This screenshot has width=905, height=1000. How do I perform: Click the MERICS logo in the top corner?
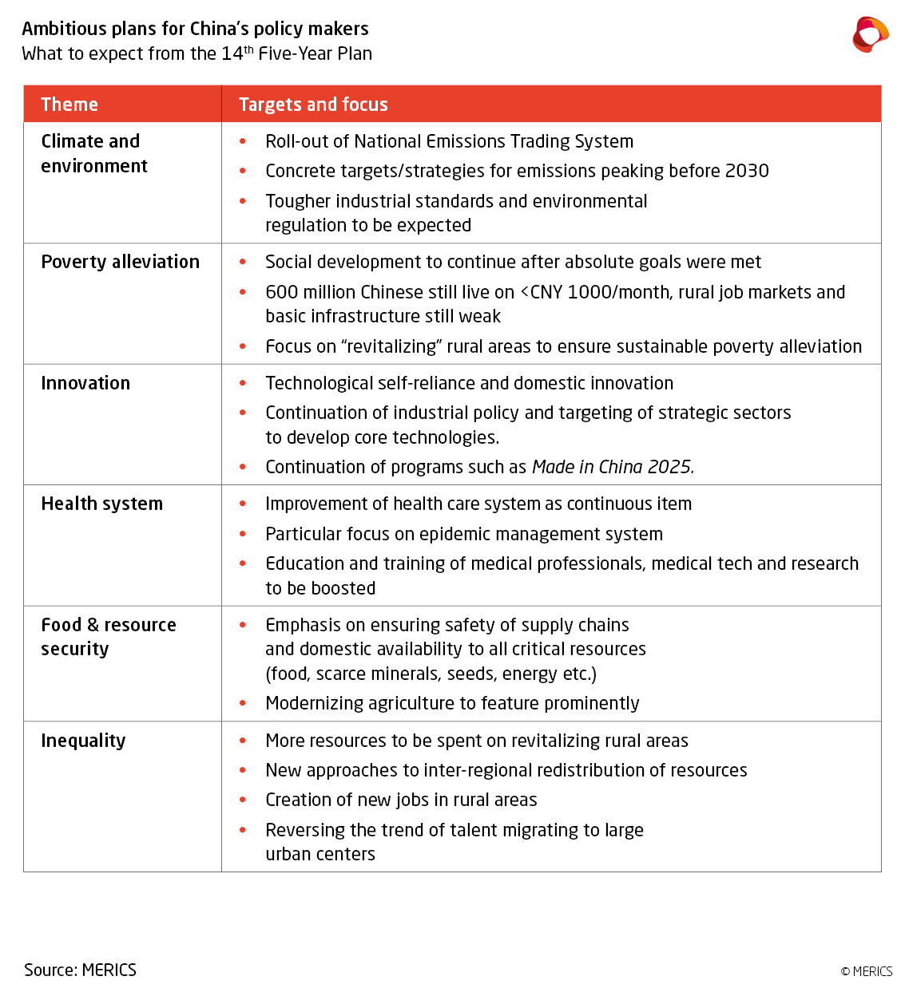tap(870, 34)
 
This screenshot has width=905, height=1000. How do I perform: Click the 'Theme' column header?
tap(69, 105)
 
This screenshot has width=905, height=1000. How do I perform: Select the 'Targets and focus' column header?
tap(313, 105)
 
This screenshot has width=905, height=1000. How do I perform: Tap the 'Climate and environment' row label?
tap(94, 153)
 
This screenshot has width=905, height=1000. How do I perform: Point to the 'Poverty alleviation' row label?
tap(120, 262)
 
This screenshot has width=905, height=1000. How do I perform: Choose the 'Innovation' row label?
tap(85, 383)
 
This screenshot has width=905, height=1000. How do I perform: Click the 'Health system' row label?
tap(101, 504)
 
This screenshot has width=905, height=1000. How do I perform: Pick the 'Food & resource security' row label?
tap(108, 636)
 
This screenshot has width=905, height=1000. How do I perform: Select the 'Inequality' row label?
tap(83, 741)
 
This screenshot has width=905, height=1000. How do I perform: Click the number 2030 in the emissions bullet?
tap(747, 171)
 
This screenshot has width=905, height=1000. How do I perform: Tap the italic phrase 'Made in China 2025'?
tap(612, 467)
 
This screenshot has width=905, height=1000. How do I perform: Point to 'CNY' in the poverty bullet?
tap(546, 292)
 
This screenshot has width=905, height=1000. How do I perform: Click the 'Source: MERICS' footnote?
tap(80, 970)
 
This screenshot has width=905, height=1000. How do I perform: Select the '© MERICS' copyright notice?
tap(866, 971)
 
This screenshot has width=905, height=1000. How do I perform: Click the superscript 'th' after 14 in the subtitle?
tap(248, 49)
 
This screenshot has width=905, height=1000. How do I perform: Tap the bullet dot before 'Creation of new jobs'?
tap(243, 800)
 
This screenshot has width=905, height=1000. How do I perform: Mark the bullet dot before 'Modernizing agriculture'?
tap(243, 703)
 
